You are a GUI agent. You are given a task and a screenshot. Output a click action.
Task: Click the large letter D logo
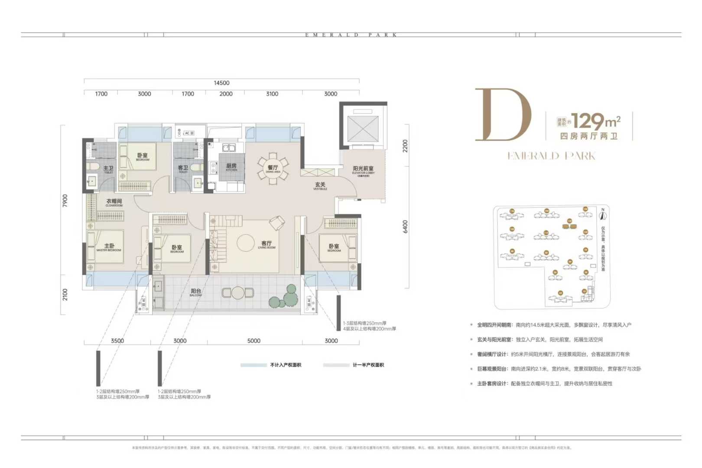coord(503,115)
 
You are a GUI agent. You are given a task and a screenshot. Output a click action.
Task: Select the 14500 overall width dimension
coord(221,83)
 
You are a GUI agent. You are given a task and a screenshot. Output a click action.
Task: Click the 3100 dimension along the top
coord(272,94)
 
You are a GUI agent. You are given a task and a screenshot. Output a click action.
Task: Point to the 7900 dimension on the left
coord(65,200)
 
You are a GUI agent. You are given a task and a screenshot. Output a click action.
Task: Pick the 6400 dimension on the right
coord(405,226)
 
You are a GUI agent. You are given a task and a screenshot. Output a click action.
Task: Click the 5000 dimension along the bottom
coord(254,341)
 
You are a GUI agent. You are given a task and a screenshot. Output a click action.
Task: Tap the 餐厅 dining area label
coord(273,168)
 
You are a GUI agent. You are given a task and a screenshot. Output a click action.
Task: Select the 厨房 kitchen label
coord(231,166)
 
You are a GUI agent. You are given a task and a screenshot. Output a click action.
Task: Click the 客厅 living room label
coord(266,244)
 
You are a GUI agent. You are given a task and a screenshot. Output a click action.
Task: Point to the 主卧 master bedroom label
coord(109,247)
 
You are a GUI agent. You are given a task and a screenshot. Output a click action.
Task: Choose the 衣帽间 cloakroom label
coord(114,202)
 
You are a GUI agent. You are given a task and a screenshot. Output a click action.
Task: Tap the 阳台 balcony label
coord(196,292)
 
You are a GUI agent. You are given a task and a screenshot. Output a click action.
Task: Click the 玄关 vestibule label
coord(320,185)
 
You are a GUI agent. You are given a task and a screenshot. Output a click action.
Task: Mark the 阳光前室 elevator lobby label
coord(363,169)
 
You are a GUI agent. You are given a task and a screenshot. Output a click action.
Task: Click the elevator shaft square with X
coord(363,129)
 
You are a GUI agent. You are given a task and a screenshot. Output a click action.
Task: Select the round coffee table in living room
coord(245,243)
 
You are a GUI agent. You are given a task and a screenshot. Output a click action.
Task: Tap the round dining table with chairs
coord(273,168)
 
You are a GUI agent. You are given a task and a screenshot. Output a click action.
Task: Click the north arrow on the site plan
coord(602,214)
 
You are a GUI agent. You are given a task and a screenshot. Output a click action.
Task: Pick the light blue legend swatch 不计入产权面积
coord(253,365)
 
